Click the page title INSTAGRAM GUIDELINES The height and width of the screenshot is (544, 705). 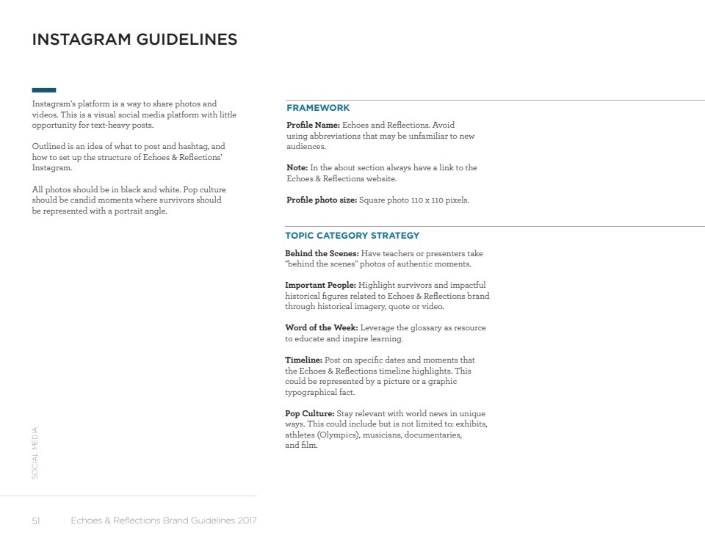pos(134,40)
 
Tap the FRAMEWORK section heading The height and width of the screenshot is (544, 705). pos(318,108)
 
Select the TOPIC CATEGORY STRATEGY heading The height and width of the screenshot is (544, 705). pos(352,236)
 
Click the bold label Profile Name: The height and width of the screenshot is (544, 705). pos(313,126)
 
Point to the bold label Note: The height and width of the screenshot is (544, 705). pos(297,168)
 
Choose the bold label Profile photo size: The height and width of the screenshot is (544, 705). pos(321,200)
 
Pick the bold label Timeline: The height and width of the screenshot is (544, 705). pos(303,360)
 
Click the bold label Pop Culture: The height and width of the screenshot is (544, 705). pos(310,413)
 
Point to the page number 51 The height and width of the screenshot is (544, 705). pos(35,521)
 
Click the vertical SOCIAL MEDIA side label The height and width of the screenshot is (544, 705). pos(35,454)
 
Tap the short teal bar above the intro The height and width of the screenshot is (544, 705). pos(44,90)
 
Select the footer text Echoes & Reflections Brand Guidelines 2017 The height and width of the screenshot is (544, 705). pos(164,521)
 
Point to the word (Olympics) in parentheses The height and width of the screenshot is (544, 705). pos(338,435)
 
